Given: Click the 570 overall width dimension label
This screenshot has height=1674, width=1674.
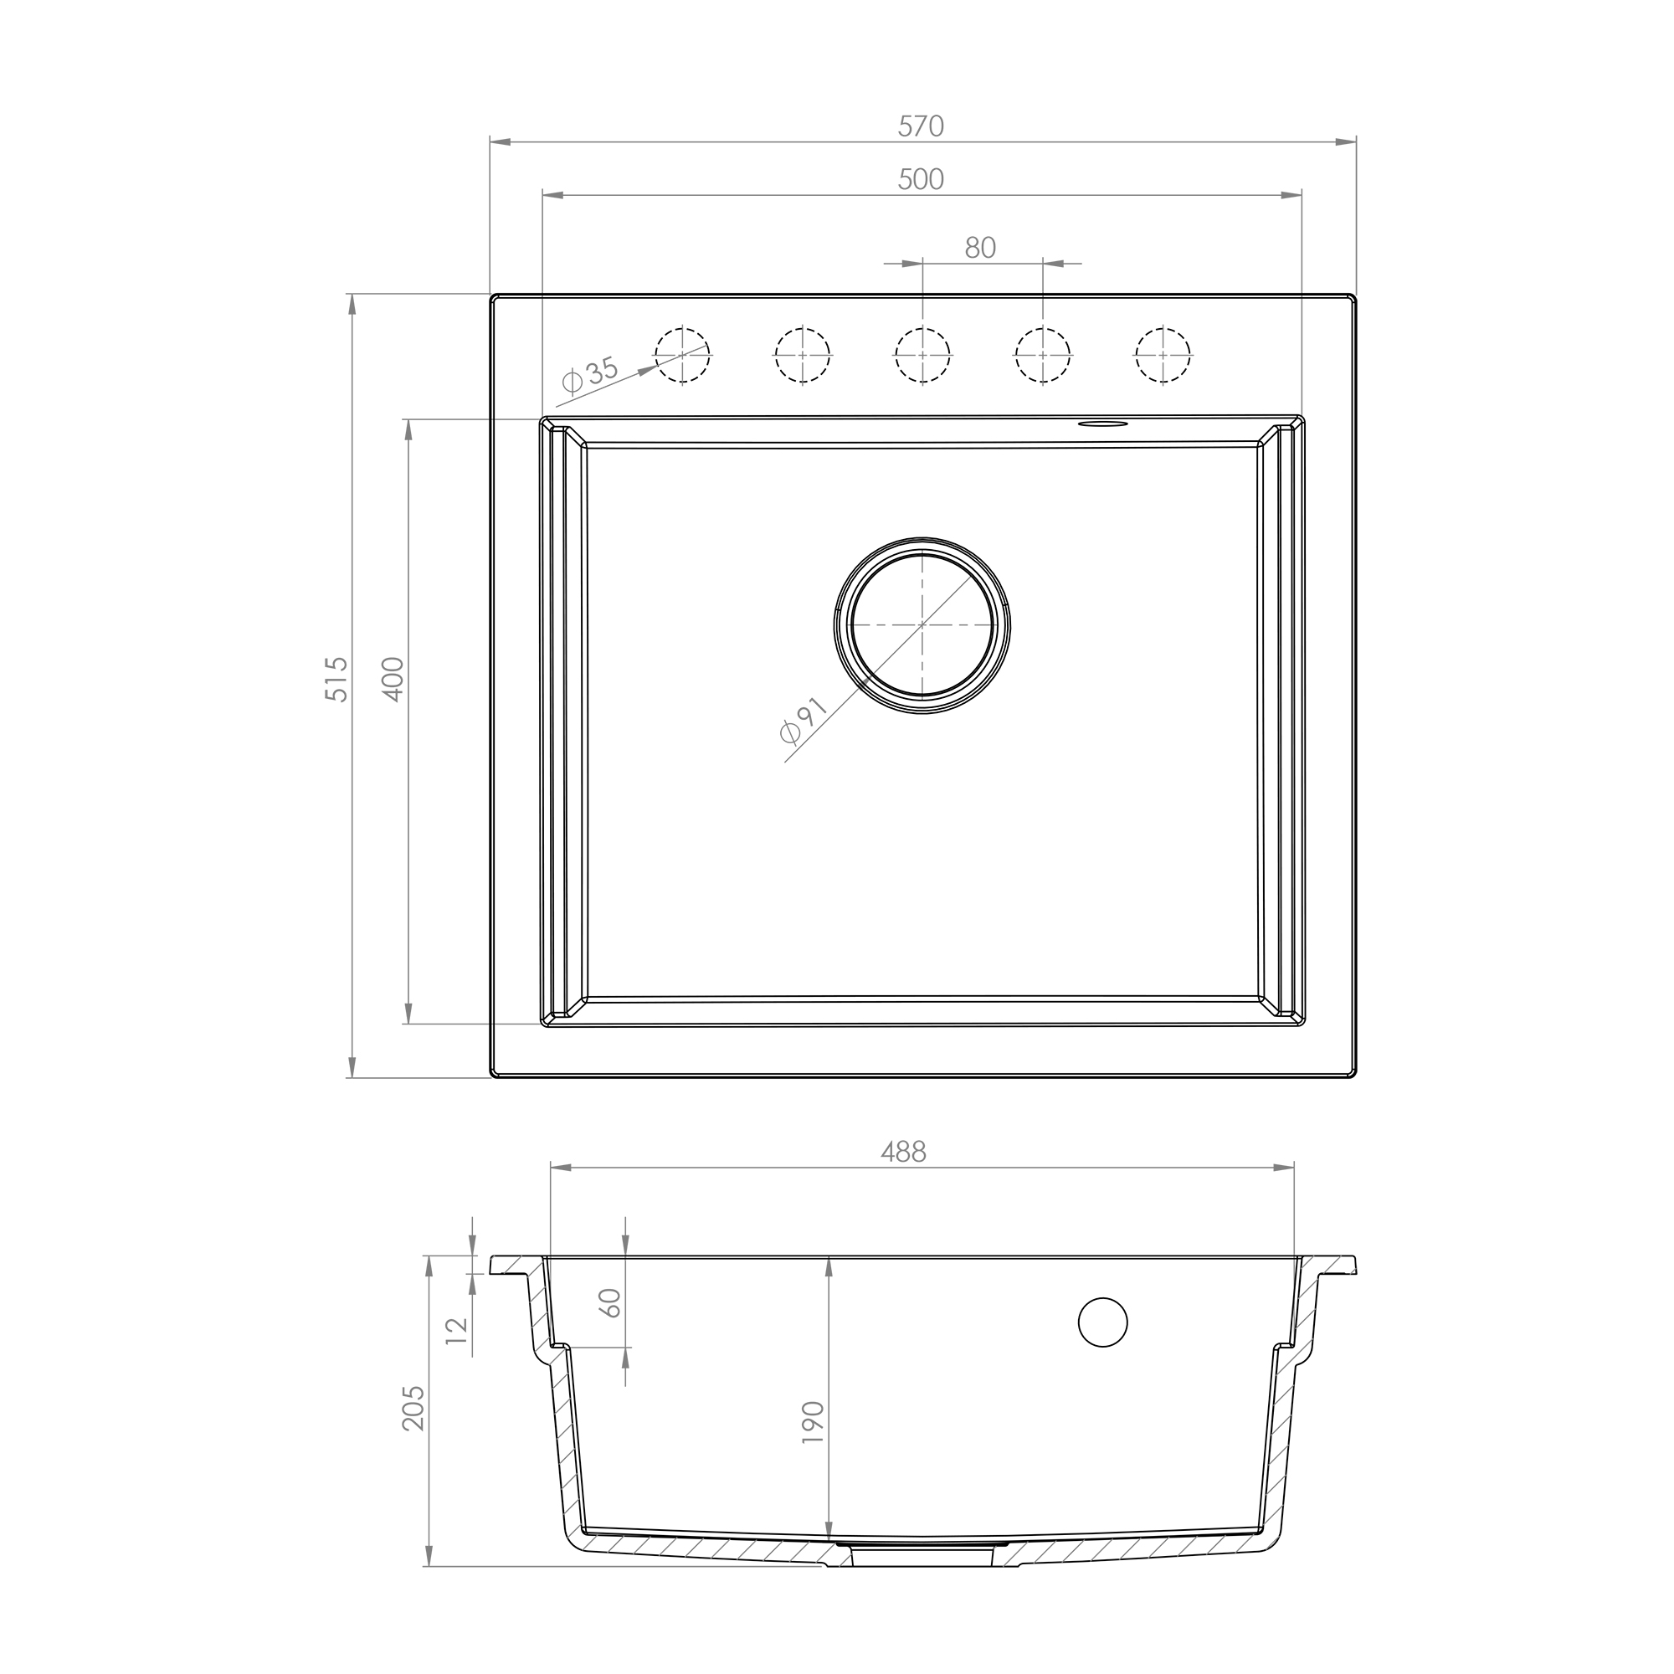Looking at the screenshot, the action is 920,126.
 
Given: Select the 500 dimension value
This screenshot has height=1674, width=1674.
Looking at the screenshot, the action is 920,179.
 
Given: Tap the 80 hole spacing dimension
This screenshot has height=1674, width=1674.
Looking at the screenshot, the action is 980,248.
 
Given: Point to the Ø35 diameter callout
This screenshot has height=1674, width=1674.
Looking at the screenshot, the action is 590,375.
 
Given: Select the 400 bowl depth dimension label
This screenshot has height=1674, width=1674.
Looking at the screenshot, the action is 393,679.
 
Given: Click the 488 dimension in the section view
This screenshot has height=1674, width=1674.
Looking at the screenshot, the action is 904,1152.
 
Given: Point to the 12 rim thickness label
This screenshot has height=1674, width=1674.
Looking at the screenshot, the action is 458,1327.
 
